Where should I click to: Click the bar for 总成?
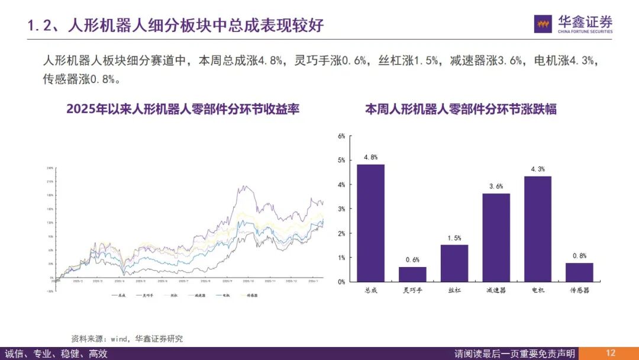click(x=370, y=223)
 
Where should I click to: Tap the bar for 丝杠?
click(x=454, y=263)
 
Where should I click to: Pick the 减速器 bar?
click(x=496, y=237)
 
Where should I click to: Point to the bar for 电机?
click(x=538, y=229)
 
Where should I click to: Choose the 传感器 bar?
click(x=579, y=272)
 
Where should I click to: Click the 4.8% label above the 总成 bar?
click(x=370, y=157)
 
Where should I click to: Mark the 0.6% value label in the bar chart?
click(x=412, y=259)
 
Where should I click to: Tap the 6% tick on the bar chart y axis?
click(x=341, y=136)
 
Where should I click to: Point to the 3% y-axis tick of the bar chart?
click(x=341, y=209)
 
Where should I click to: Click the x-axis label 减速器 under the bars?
click(x=496, y=291)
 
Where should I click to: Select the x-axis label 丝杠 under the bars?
click(x=454, y=291)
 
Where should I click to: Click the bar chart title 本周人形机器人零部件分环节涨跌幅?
click(x=460, y=110)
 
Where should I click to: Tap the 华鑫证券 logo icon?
click(x=543, y=24)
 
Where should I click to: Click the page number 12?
click(x=611, y=353)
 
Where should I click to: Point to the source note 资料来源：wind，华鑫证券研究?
click(x=127, y=339)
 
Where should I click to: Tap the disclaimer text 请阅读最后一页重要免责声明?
click(x=515, y=353)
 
